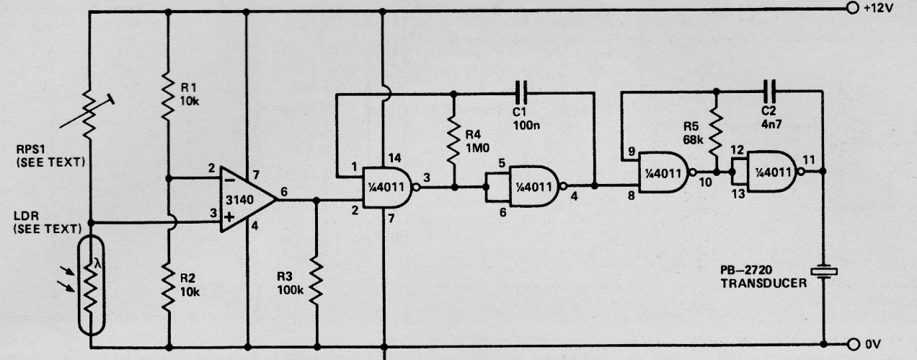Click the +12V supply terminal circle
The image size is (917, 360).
(854, 11)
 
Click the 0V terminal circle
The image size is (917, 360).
(854, 343)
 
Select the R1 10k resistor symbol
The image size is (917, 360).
(167, 96)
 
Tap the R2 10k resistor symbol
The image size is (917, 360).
(167, 287)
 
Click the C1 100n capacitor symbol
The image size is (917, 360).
(523, 92)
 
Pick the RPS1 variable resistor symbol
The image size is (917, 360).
(89, 113)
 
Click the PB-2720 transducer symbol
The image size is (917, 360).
(824, 271)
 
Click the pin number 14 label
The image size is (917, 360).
(392, 158)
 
